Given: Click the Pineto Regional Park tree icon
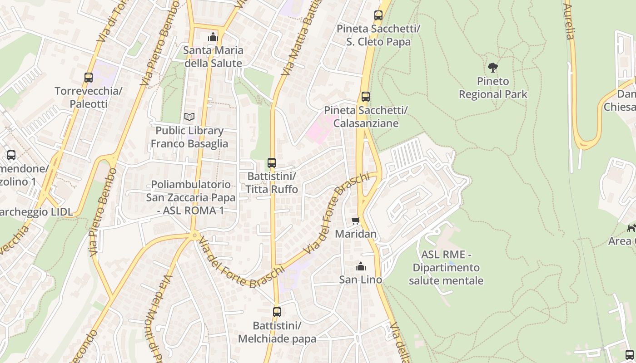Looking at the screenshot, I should [x=493, y=68].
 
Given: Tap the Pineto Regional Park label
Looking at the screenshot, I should [x=493, y=88].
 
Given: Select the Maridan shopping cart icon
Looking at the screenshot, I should [x=356, y=221].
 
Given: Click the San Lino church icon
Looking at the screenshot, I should [x=361, y=266].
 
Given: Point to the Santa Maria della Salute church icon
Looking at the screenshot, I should [x=213, y=37].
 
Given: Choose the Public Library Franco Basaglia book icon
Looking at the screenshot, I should [x=189, y=117].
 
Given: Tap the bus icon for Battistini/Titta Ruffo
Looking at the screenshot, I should [x=272, y=162].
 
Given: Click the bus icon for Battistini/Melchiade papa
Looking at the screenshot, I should [x=277, y=312].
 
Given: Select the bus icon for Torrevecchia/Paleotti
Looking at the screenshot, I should [x=89, y=78].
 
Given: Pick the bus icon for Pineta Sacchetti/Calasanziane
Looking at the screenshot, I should [x=366, y=97].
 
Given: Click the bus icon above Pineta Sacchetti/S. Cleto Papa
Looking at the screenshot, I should [x=378, y=15].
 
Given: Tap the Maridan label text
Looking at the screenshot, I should [x=356, y=234].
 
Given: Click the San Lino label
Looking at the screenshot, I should [x=361, y=280].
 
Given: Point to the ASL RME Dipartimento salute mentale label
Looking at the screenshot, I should [x=446, y=268].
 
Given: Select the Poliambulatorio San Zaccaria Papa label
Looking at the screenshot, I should [x=191, y=198].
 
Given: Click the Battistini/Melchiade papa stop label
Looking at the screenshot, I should [x=277, y=332].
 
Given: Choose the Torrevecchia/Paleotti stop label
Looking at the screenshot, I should [x=89, y=98].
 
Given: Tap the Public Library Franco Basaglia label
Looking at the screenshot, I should [x=189, y=137].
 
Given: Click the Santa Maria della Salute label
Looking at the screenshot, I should [x=213, y=57].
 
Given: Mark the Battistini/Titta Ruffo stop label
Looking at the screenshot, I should [x=272, y=182].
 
